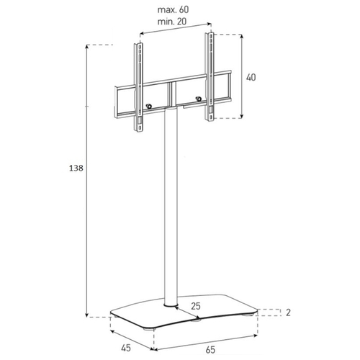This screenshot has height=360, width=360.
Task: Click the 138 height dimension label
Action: pos(76,168)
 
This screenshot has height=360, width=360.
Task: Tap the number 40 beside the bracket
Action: pos(251,77)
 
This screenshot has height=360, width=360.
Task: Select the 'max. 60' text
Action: pos(173,9)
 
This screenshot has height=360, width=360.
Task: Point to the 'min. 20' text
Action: pos(172,22)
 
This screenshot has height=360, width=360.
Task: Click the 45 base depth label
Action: pos(126,347)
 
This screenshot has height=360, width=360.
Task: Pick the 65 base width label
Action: pos(210,350)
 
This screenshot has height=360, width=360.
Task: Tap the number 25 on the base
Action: pos(196,306)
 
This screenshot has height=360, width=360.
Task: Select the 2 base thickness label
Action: pos(288,312)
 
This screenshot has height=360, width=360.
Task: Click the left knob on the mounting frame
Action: pos(149,106)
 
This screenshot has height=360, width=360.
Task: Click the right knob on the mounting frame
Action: pos(198,99)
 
